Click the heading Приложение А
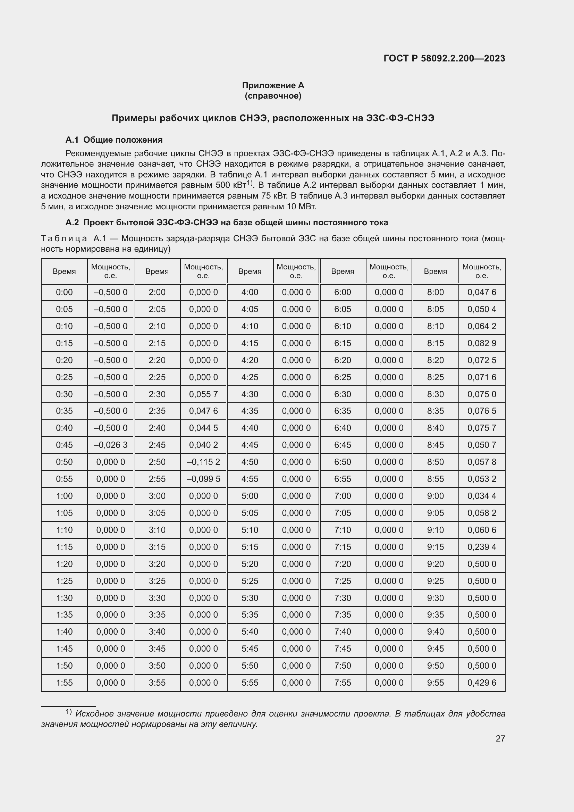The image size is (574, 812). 273,85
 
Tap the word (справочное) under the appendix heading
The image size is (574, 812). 273,96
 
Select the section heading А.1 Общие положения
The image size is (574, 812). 114,140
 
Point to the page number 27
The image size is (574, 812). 500,739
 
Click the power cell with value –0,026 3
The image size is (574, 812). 110,445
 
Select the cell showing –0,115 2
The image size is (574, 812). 203,462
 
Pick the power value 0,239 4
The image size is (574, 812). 481,547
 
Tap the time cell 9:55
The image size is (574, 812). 435,683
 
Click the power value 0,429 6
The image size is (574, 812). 481,683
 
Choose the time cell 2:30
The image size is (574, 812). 157,394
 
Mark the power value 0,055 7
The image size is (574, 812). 203,394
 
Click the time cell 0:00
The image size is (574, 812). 64,292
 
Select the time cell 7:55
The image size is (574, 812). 343,683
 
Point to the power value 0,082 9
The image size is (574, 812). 481,343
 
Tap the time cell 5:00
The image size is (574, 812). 250,496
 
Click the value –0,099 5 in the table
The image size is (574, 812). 203,479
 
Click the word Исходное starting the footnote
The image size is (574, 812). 92,714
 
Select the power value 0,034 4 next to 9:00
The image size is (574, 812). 481,496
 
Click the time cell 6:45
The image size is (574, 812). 343,445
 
